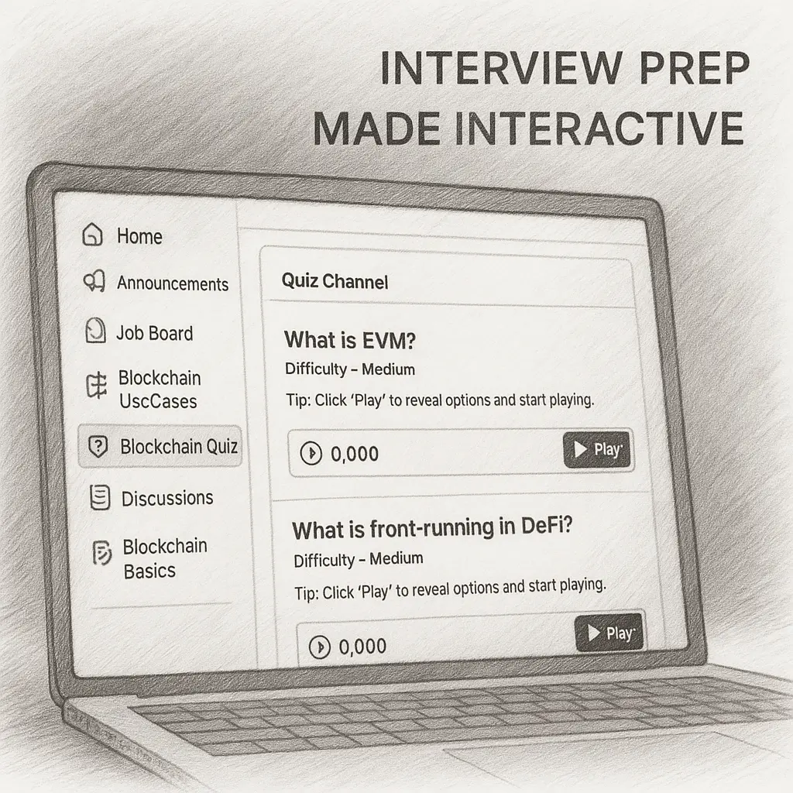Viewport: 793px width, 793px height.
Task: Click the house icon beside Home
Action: pyautogui.click(x=93, y=235)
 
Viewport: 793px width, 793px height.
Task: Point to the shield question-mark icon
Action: pyautogui.click(x=98, y=447)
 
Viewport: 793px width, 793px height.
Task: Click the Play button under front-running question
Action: pyautogui.click(x=609, y=632)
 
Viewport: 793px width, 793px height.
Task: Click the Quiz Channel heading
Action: pyautogui.click(x=335, y=281)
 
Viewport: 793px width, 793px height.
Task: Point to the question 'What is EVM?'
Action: pyautogui.click(x=349, y=341)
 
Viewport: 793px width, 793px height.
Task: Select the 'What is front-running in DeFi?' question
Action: pyautogui.click(x=432, y=528)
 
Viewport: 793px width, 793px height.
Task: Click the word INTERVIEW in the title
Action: pyautogui.click(x=501, y=68)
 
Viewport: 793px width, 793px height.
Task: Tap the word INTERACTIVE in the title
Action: pyautogui.click(x=600, y=129)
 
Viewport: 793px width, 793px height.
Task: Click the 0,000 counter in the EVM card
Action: pyautogui.click(x=355, y=454)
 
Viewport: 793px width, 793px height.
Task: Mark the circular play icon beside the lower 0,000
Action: pyautogui.click(x=320, y=647)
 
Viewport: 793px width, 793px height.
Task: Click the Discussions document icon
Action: pyautogui.click(x=100, y=497)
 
